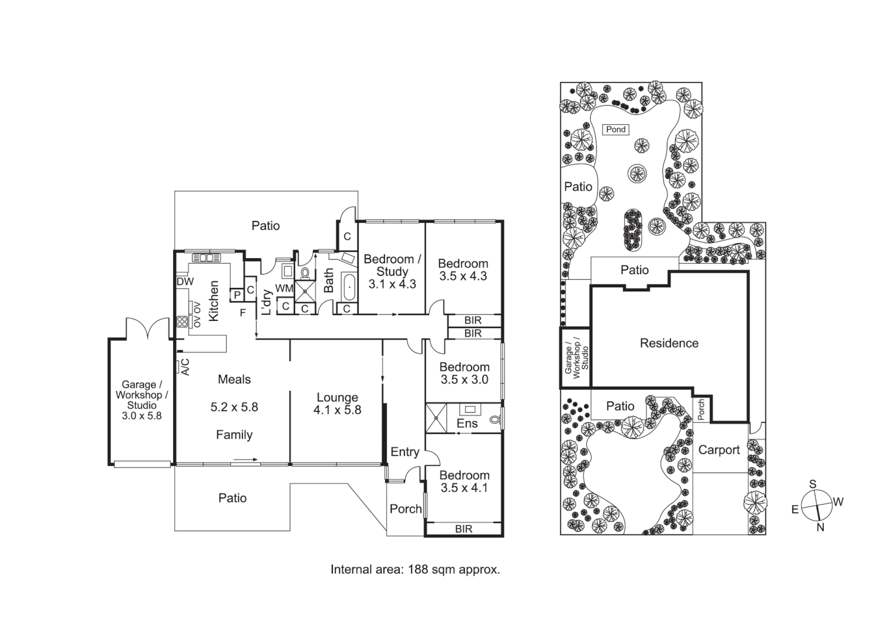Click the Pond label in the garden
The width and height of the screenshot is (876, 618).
[x=616, y=129]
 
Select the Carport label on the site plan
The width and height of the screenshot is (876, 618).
[x=718, y=450]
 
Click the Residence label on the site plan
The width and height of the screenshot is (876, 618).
[x=669, y=343]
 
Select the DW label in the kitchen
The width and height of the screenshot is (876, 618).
[x=184, y=282]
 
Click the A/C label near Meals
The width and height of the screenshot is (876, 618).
[x=184, y=367]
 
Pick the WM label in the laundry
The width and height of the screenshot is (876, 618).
[x=284, y=288]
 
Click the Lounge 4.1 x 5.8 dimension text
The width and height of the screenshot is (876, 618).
[x=337, y=410]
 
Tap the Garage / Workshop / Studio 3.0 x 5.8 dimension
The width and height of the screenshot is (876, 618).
[x=142, y=416]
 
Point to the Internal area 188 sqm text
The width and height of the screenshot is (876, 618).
[x=415, y=569]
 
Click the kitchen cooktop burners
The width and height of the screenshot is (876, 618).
[x=182, y=322]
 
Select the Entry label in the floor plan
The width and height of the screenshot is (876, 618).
[x=404, y=452]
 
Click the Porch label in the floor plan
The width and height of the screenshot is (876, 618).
[x=405, y=509]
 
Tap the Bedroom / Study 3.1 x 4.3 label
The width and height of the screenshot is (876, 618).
[x=392, y=271]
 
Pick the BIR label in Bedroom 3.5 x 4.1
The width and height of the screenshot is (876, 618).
[x=463, y=529]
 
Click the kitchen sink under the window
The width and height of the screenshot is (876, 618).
[x=206, y=257]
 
